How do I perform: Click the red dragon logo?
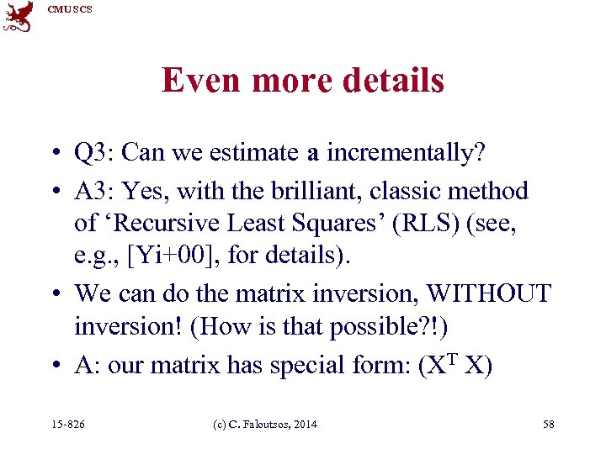click(18, 16)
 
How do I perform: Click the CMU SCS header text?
click(70, 9)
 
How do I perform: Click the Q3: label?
click(96, 153)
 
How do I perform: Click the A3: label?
click(96, 192)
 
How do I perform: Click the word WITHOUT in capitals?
click(489, 294)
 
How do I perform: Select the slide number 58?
click(549, 425)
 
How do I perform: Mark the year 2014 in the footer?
click(305, 425)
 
